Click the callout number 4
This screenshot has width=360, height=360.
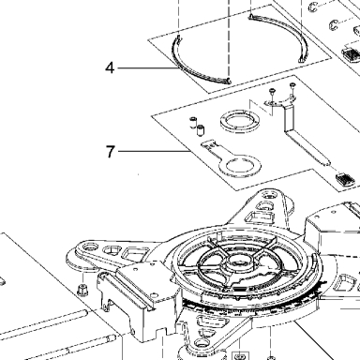[x=110, y=67]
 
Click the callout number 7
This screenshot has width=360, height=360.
[x=111, y=152]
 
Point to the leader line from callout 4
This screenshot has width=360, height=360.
[x=146, y=67]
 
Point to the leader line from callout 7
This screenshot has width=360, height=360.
[x=155, y=151]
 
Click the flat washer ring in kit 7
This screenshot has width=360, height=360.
[x=240, y=120]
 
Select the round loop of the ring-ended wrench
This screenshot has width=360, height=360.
[x=240, y=165]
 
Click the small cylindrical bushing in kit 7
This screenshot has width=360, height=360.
[x=200, y=130]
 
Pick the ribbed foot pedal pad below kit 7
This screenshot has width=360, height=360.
[x=345, y=179]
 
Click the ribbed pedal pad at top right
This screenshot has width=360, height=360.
[x=352, y=54]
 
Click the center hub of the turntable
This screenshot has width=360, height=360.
[x=240, y=262]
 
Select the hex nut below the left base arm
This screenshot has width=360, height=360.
[x=82, y=289]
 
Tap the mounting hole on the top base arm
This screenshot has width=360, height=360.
[x=269, y=196]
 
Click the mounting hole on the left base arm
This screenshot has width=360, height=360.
[x=91, y=247]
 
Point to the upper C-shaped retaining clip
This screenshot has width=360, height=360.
[x=314, y=7]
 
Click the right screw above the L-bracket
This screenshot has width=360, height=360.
[x=292, y=85]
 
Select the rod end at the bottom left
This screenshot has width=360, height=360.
[x=111, y=338]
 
